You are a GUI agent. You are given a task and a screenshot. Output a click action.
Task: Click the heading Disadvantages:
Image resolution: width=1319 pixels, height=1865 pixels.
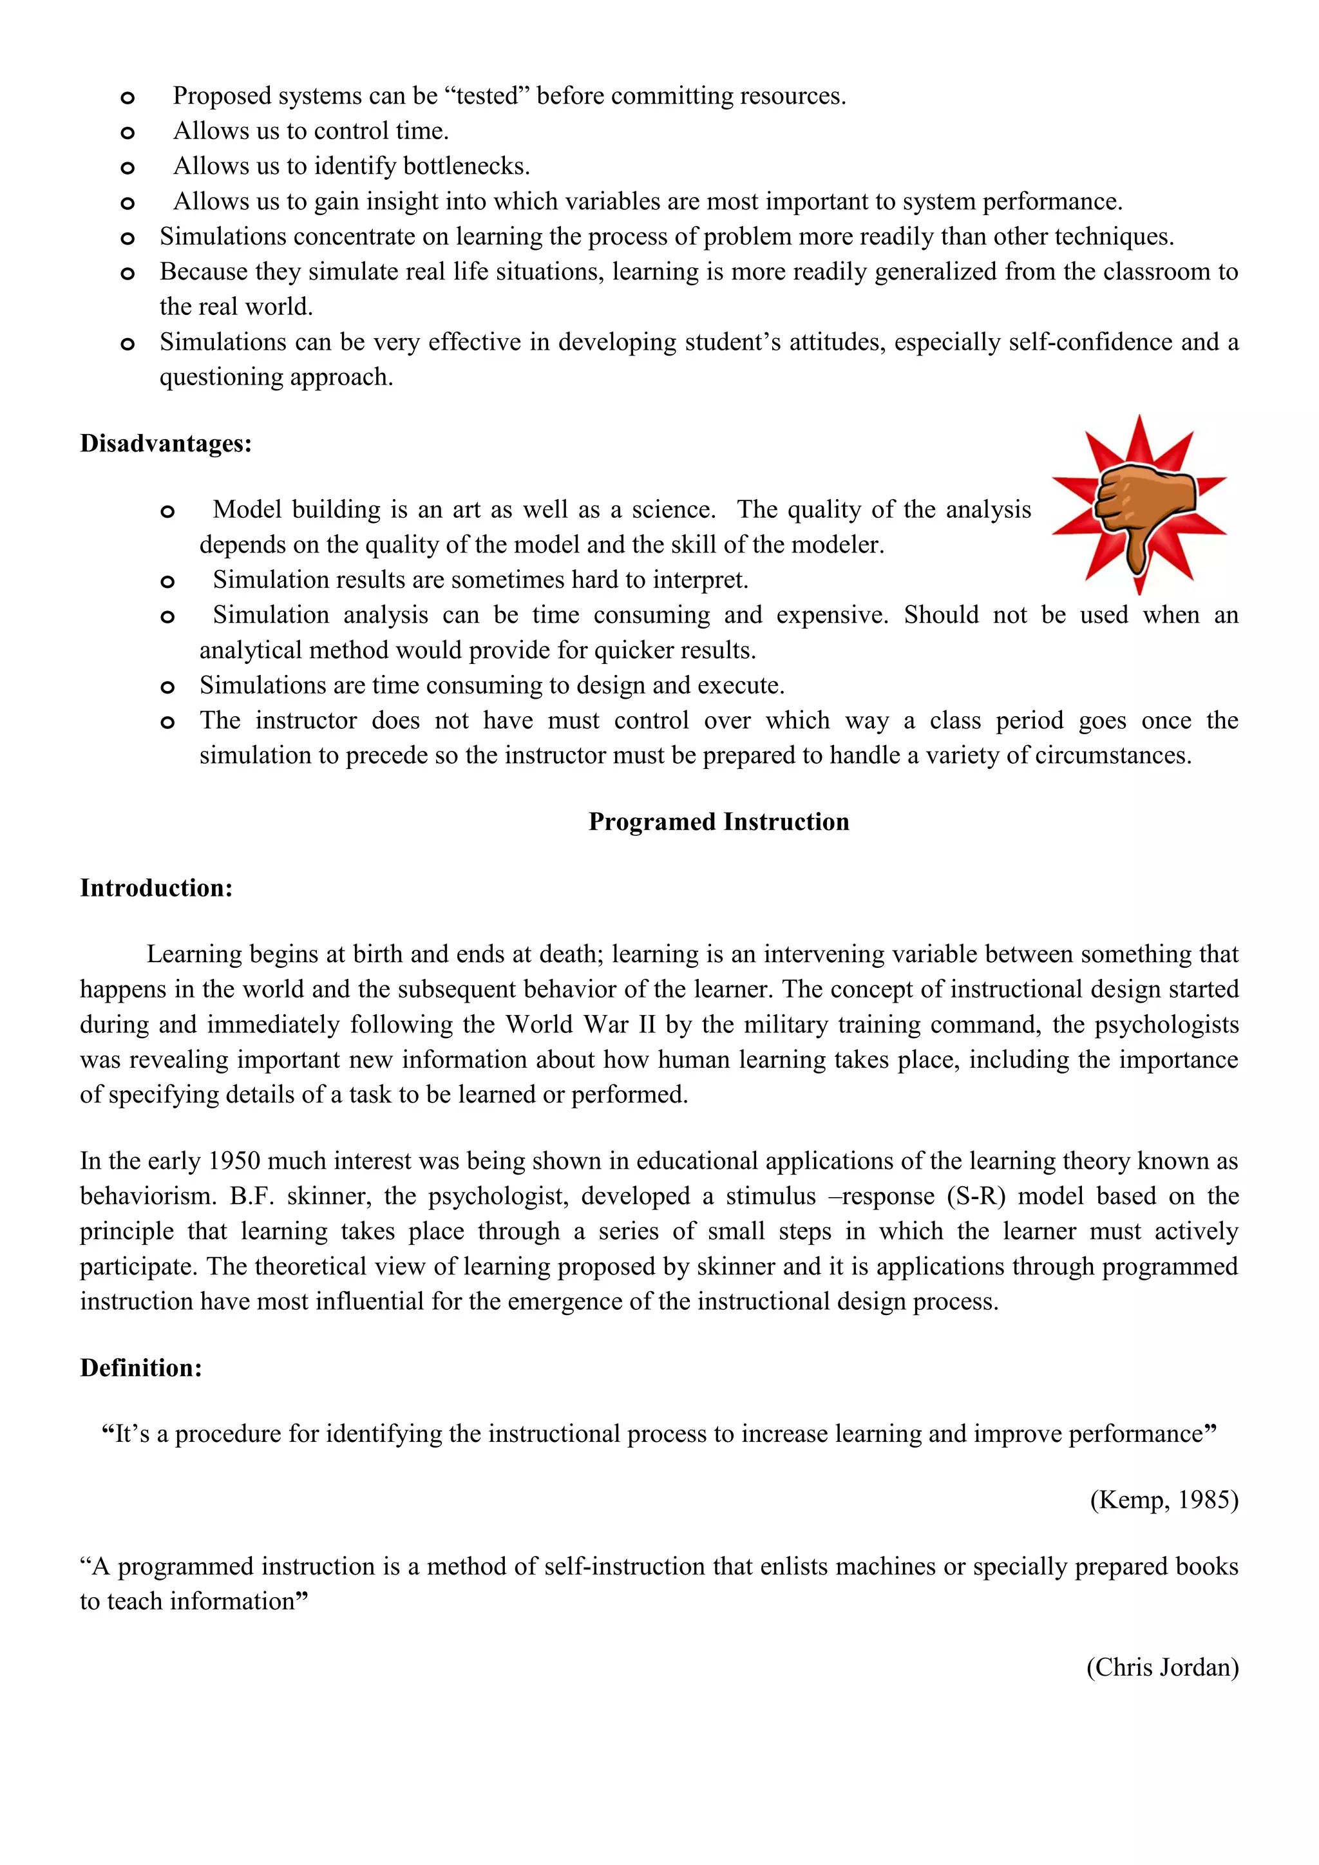pos(166,444)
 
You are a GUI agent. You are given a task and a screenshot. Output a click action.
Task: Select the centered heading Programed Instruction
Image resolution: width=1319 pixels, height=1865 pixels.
pos(719,822)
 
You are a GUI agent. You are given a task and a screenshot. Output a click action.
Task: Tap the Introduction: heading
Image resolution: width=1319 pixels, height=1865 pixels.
pos(156,888)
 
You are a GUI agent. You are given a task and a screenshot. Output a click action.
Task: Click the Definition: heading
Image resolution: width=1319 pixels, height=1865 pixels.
pos(140,1368)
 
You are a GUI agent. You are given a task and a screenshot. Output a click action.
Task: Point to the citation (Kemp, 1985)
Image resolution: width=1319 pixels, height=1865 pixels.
pos(1163,1499)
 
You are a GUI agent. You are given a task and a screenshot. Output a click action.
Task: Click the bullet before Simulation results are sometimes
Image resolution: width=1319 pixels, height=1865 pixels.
pos(167,582)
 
